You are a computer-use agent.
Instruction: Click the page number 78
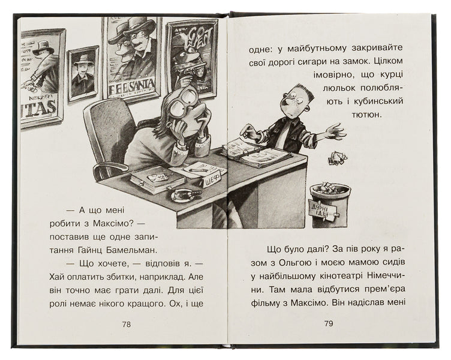click(x=127, y=325)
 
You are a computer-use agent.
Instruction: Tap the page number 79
click(x=329, y=323)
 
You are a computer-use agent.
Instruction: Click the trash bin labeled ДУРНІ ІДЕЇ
click(x=330, y=205)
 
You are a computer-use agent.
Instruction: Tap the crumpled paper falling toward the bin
click(x=338, y=158)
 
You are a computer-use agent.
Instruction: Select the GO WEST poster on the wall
click(x=192, y=58)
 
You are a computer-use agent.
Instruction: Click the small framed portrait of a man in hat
click(x=83, y=74)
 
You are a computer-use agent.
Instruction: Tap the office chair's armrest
click(x=110, y=167)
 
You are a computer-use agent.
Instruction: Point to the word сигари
click(x=308, y=62)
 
